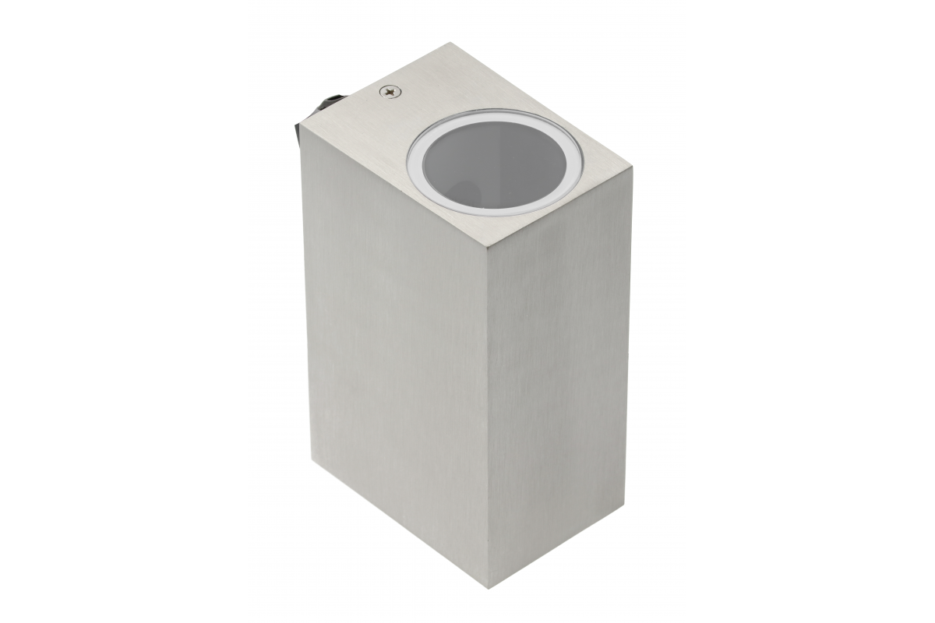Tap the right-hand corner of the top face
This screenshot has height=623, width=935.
(632, 168)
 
